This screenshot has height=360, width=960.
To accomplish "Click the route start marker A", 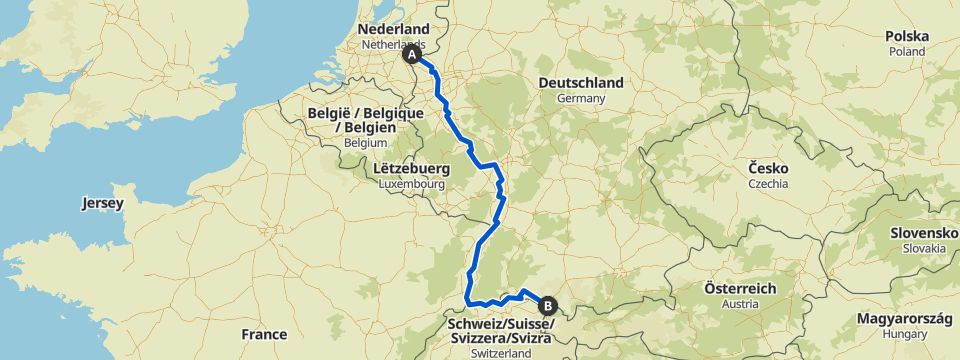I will [412, 56].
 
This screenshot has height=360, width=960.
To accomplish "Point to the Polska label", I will [907, 36].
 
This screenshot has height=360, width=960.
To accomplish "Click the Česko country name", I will [768, 168].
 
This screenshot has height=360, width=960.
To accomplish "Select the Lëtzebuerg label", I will [411, 169].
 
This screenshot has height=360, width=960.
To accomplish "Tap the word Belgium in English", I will [364, 143].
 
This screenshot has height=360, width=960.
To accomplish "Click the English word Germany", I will [581, 99].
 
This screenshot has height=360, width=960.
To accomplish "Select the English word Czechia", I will [768, 184].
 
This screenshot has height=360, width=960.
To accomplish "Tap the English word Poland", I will [907, 51].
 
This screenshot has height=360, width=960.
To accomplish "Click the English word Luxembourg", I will [411, 185].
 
